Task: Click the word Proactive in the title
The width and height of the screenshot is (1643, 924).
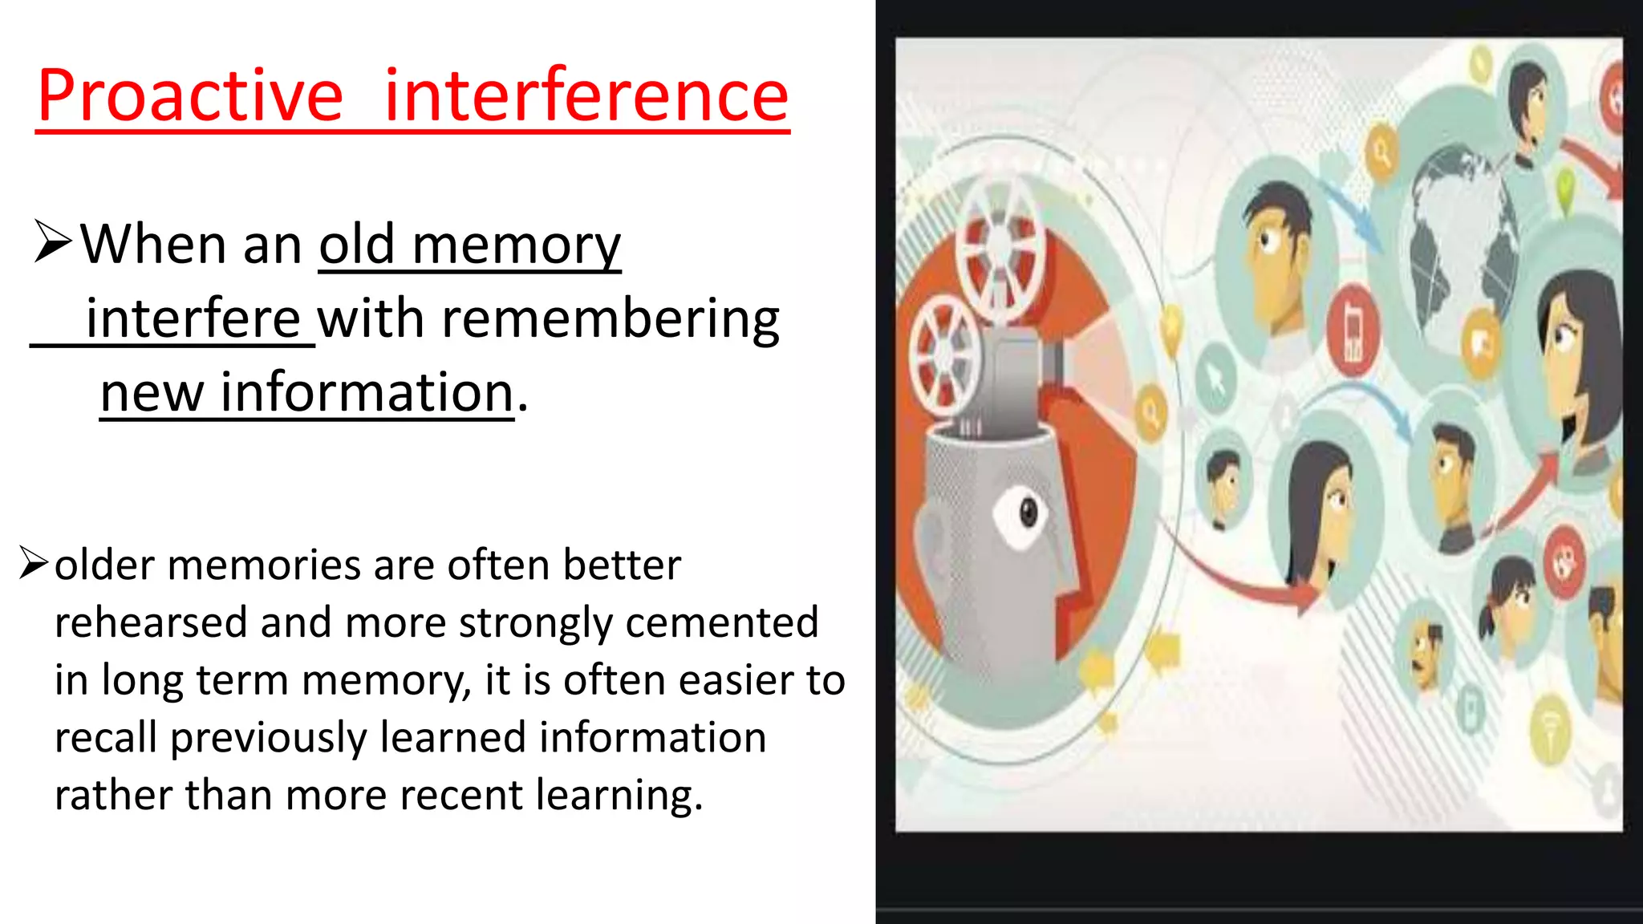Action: (x=190, y=96)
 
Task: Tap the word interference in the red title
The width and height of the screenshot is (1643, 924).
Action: (x=586, y=96)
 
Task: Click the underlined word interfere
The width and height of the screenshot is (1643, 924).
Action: (x=193, y=318)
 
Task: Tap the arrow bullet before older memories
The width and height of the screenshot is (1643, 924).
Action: (x=34, y=563)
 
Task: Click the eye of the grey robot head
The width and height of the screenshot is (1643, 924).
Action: (x=1028, y=512)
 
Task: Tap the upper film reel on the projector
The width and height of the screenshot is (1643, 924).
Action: (x=1000, y=244)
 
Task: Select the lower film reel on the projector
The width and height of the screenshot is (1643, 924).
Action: (x=947, y=354)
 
